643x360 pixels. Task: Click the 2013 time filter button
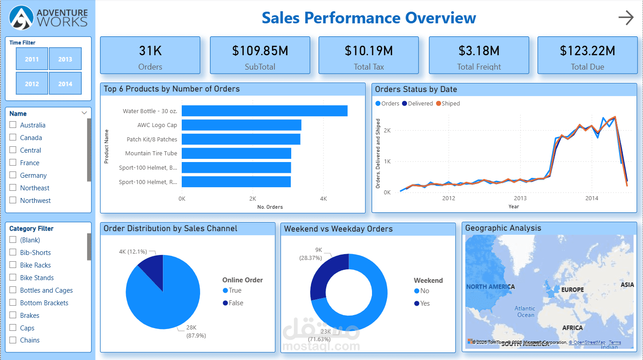pos(65,59)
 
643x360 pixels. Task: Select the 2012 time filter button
pos(32,83)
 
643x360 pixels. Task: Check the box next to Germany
pos(13,175)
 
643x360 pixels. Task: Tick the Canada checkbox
pos(13,137)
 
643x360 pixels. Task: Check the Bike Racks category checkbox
pos(13,265)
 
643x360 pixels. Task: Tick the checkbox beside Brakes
pos(13,315)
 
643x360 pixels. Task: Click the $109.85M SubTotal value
pos(260,51)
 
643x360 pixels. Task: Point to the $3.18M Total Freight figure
pos(479,51)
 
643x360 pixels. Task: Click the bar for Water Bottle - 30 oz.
pos(264,111)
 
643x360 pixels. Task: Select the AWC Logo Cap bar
pos(241,125)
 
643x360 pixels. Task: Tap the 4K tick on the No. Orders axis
pos(323,198)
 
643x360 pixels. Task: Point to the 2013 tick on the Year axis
pos(520,198)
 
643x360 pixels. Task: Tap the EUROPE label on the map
pos(573,290)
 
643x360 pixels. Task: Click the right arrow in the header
pos(626,18)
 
